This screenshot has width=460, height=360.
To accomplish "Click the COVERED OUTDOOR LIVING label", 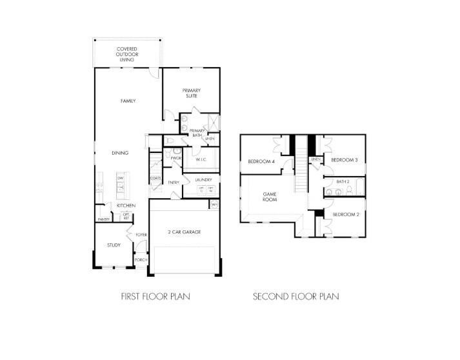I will [x=128, y=54].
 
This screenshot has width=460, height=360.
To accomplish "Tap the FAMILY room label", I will [x=128, y=101].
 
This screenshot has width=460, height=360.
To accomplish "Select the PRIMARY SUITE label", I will [x=192, y=93].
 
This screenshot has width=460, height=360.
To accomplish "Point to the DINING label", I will [x=120, y=153].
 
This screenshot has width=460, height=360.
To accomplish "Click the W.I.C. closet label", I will [x=201, y=159].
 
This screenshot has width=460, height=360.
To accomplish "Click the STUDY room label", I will [x=114, y=245].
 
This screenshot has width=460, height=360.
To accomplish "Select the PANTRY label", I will [x=103, y=219].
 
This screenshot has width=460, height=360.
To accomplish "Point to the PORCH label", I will [x=141, y=259].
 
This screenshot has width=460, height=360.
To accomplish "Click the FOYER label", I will [x=141, y=234].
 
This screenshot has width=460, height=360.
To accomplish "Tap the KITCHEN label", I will [x=126, y=205].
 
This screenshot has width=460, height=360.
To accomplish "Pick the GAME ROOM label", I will [x=270, y=197].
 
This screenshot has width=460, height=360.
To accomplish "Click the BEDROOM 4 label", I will [x=261, y=161].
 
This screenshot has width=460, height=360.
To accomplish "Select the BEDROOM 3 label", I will [x=344, y=159].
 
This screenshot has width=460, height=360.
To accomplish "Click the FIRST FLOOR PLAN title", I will [x=155, y=297].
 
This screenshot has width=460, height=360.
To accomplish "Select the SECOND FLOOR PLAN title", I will [x=295, y=297].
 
